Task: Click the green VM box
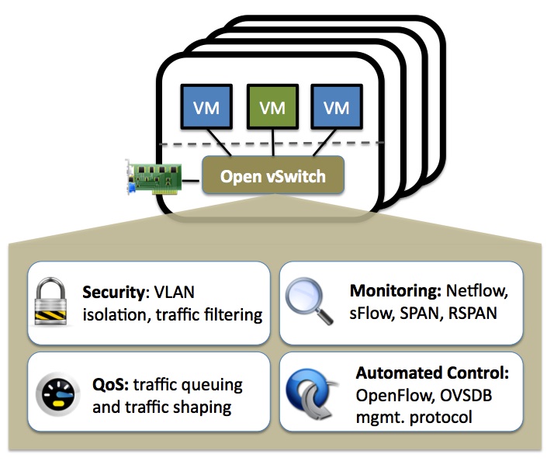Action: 272,108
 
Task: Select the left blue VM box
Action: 206,108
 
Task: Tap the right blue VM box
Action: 337,108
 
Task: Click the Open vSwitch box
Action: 272,176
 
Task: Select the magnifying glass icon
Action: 306,303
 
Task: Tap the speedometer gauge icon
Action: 55,395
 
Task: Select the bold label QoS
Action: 109,385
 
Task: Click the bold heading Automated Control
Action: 432,373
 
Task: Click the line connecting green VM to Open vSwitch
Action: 272,143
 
